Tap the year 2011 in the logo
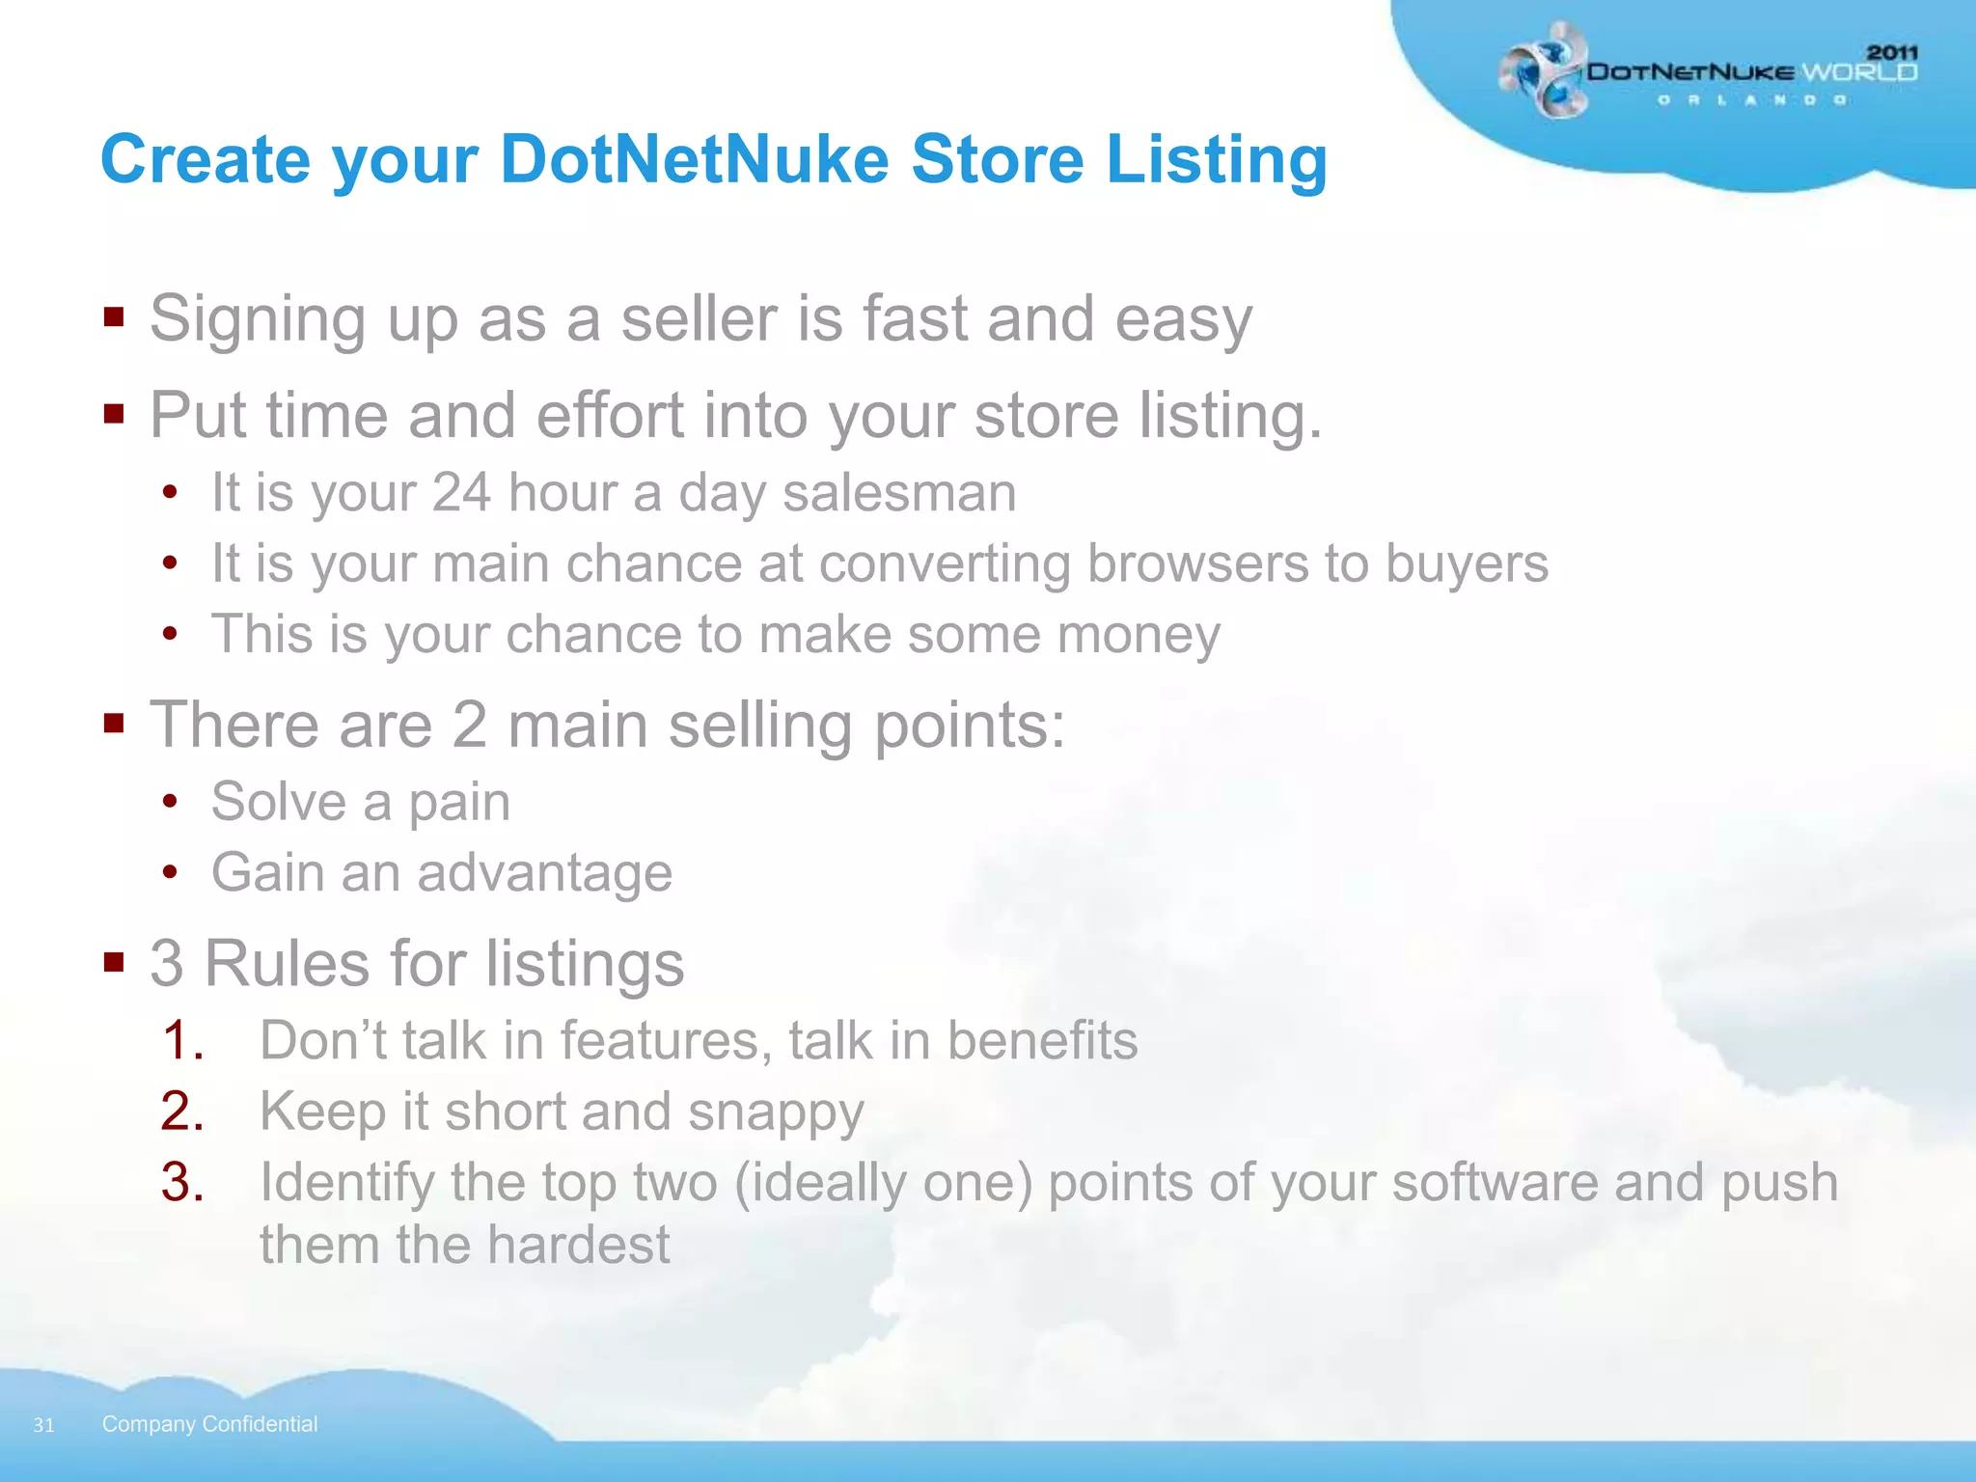pyautogui.click(x=1891, y=52)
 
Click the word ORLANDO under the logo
pyautogui.click(x=1751, y=100)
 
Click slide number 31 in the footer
pyautogui.click(x=43, y=1425)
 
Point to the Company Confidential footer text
pyautogui.click(x=209, y=1424)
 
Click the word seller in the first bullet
pyautogui.click(x=699, y=319)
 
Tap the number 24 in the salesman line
pyautogui.click(x=461, y=493)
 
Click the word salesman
pyautogui.click(x=899, y=493)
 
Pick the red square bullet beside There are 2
pyautogui.click(x=114, y=723)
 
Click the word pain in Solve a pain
pyautogui.click(x=459, y=803)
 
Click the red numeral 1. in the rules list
pyautogui.click(x=182, y=1041)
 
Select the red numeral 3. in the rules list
pyautogui.click(x=182, y=1182)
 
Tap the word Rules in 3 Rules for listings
pyautogui.click(x=287, y=964)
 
